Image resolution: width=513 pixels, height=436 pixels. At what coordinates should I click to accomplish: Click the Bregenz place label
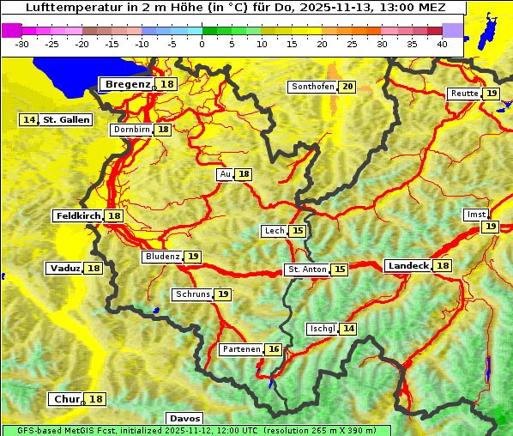click(128, 84)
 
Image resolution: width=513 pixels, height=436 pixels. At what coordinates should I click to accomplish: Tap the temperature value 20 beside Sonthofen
click(347, 87)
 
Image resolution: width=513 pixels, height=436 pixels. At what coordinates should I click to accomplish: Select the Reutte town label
click(464, 94)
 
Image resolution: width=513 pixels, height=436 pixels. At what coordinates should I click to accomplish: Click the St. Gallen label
click(66, 120)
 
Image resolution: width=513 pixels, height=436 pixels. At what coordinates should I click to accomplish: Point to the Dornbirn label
click(131, 130)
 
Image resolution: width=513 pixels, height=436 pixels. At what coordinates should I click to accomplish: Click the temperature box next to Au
click(244, 174)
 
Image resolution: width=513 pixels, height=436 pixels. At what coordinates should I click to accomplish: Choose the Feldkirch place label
click(78, 216)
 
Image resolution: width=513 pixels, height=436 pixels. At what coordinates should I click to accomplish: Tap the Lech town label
click(274, 231)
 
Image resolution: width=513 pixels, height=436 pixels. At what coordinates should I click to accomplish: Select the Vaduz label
click(64, 269)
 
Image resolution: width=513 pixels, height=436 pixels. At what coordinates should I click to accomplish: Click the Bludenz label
click(162, 257)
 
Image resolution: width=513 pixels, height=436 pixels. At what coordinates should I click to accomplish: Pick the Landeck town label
click(407, 266)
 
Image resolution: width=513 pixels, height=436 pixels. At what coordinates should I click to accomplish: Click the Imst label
click(474, 214)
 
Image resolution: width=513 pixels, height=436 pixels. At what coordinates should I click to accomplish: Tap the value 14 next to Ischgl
click(347, 329)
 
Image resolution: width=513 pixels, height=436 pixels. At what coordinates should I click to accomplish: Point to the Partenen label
click(240, 349)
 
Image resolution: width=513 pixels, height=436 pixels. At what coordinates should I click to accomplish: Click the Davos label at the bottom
click(184, 418)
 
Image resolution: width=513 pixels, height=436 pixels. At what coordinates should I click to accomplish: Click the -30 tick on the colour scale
click(22, 43)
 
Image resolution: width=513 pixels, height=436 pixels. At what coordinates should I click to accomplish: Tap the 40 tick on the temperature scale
click(442, 43)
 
